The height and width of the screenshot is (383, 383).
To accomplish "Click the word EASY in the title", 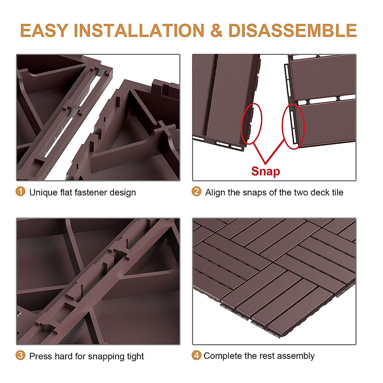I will (x=44, y=31).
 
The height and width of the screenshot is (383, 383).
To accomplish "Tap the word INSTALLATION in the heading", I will (x=139, y=31).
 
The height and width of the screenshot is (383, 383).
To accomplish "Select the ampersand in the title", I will (x=216, y=31).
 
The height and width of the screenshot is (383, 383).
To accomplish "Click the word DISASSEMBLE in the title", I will (x=292, y=31).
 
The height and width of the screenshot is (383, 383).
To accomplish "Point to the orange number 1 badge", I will (x=20, y=191).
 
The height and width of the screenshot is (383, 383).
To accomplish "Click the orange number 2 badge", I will (x=196, y=191).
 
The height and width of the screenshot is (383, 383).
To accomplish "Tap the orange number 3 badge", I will (x=20, y=355).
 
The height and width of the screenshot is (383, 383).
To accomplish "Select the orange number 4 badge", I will (x=196, y=355).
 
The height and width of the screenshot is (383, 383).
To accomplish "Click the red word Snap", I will (x=266, y=171).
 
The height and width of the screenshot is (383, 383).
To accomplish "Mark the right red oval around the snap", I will (x=294, y=126).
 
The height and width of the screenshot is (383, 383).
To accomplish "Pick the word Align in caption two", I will (x=215, y=192).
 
